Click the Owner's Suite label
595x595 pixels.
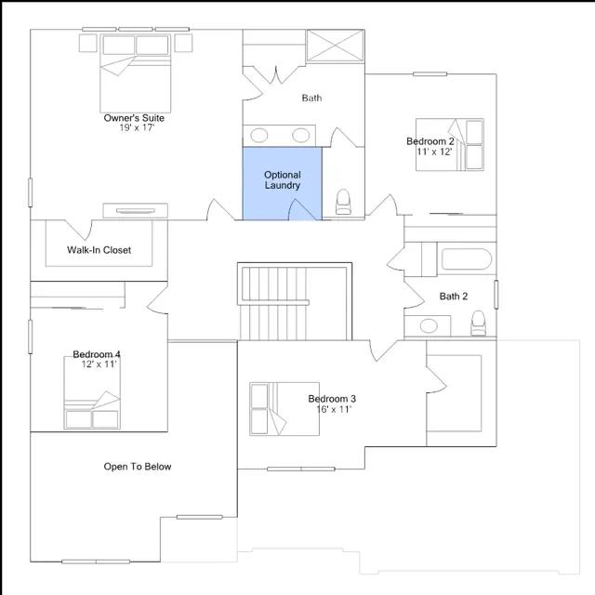pyautogui.click(x=134, y=118)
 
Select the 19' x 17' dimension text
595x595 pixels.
pyautogui.click(x=137, y=128)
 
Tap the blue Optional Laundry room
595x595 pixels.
pyautogui.click(x=283, y=184)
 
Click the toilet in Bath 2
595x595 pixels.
pyautogui.click(x=478, y=324)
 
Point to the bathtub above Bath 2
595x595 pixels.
pyautogui.click(x=467, y=259)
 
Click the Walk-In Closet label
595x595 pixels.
pyautogui.click(x=99, y=250)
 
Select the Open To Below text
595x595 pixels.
pyautogui.click(x=138, y=467)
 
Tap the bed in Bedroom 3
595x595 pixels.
pyautogui.click(x=284, y=409)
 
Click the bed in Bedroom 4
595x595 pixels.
pyautogui.click(x=92, y=393)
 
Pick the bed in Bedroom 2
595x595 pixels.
pyautogui.click(x=450, y=145)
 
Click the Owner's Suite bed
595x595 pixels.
pyautogui.click(x=136, y=73)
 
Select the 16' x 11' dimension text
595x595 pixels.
pyautogui.click(x=334, y=409)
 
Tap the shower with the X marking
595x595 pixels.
pyautogui.click(x=336, y=46)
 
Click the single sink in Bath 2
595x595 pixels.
pyautogui.click(x=429, y=326)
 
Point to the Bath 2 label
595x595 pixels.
pyautogui.click(x=454, y=297)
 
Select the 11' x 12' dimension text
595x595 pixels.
pyautogui.click(x=434, y=152)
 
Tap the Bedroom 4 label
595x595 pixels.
pyautogui.click(x=97, y=354)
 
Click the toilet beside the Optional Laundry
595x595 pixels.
pyautogui.click(x=343, y=202)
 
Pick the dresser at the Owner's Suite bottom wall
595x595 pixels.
pyautogui.click(x=136, y=211)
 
